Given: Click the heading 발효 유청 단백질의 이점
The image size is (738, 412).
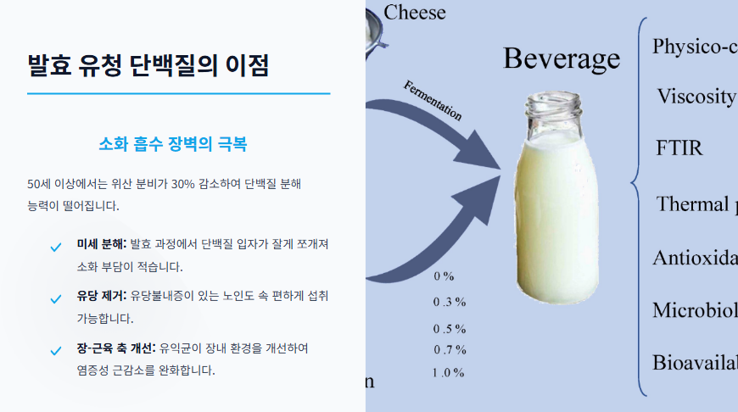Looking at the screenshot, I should point(148,64).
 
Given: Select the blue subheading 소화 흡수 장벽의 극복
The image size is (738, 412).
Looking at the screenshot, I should point(173,143).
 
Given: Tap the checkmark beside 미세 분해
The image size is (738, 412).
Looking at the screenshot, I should point(56,248).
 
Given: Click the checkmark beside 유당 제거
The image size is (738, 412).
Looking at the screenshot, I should point(56,298).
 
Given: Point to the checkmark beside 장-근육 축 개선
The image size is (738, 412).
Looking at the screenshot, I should point(56,350).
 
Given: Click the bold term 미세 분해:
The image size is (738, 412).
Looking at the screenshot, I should point(101,244).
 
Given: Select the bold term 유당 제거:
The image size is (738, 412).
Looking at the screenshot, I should point(101,297).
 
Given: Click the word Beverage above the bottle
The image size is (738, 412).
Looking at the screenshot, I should point(562,58).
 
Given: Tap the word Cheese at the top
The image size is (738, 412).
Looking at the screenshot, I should point(415,12).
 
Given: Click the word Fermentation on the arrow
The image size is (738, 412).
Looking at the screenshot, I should point(433,101).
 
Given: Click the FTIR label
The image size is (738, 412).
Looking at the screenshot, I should point(679,148).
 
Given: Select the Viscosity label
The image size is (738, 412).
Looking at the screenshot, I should point(696,97).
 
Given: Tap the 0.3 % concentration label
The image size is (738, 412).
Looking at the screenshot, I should point(450,302).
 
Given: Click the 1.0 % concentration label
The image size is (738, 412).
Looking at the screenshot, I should point(448,373).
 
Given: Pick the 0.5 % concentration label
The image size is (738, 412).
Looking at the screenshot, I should point(450,329).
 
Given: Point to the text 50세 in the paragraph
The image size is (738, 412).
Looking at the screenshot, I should point(40,183).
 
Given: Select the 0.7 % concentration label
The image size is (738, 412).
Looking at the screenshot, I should point(450,350).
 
